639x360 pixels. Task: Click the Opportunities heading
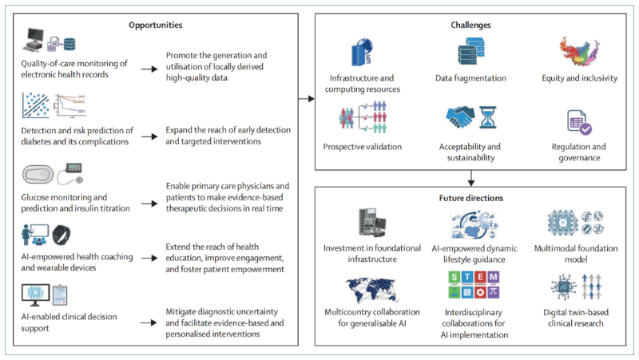pos(157,26)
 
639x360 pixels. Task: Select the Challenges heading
pos(469,26)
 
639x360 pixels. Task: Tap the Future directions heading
pos(469,198)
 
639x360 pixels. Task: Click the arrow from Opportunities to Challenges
pos(305,99)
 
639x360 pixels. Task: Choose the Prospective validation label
pos(363,148)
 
